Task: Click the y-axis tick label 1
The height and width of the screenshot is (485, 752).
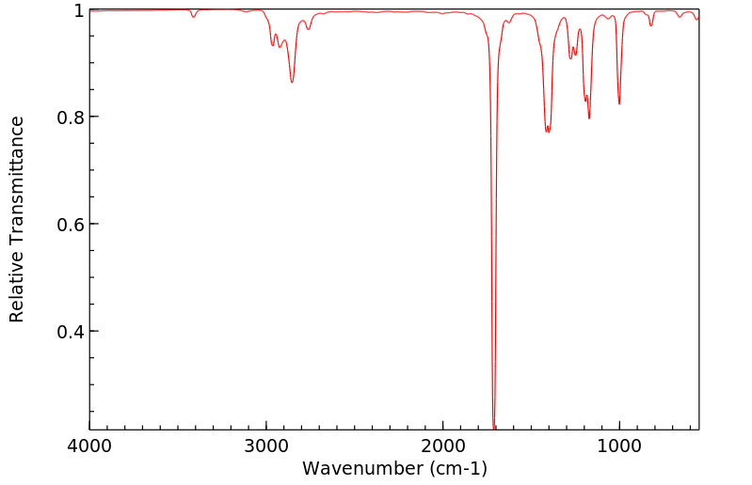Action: point(79,10)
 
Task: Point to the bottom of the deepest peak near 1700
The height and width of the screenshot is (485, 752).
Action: point(494,428)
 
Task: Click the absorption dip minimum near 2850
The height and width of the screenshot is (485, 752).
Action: point(292,82)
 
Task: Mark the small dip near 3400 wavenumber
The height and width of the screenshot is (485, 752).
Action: point(194,17)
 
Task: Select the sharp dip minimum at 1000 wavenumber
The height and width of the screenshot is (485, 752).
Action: point(619,103)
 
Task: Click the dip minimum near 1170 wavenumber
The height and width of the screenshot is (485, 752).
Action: point(589,118)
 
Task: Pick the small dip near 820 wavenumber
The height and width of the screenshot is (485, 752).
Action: point(650,25)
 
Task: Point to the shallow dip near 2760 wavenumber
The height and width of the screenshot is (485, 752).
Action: point(308,29)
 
